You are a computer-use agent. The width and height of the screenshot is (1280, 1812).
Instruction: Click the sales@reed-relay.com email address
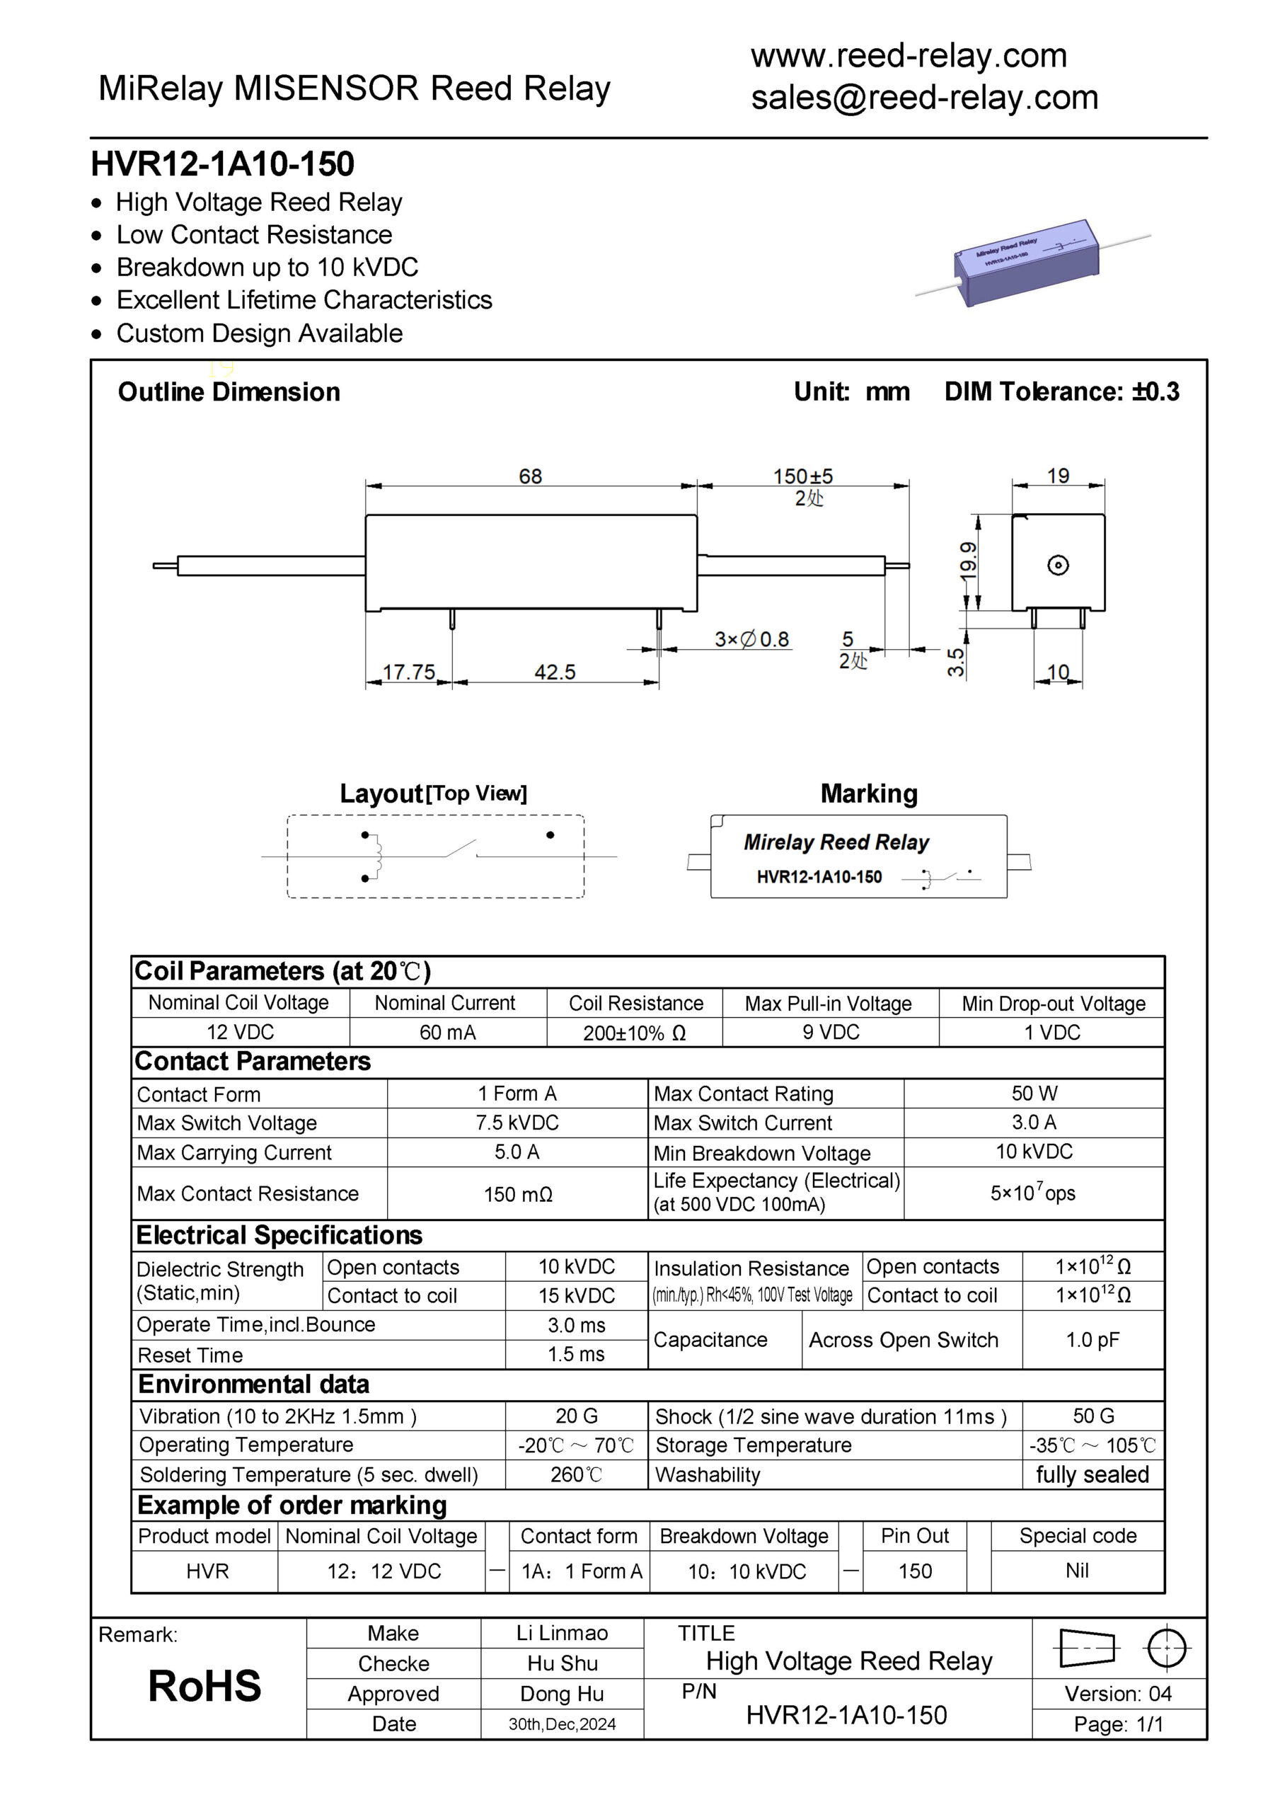point(924,98)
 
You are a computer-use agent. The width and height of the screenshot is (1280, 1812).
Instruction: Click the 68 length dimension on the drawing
point(529,476)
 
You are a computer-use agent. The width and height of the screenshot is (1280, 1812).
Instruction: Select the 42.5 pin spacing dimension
point(555,672)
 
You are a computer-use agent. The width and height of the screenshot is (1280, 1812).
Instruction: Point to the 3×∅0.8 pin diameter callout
point(751,638)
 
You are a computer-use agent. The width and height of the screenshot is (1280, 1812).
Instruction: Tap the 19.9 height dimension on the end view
point(968,561)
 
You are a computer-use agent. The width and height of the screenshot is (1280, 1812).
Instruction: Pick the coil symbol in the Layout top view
point(376,856)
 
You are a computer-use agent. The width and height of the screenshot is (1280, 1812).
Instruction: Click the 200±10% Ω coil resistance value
point(634,1033)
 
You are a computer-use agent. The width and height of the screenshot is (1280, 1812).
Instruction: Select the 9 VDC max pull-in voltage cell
point(830,1032)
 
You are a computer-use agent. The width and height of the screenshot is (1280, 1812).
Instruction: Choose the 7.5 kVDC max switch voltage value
point(517,1123)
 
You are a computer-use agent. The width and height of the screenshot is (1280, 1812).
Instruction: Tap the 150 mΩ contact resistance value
point(518,1194)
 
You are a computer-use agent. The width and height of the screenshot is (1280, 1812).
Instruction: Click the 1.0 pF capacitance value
point(1092,1339)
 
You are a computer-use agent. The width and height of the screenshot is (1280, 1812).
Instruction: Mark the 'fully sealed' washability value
point(1092,1474)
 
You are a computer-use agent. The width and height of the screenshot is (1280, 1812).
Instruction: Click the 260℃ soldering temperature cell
point(576,1474)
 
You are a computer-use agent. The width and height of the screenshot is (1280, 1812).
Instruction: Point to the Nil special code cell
point(1076,1571)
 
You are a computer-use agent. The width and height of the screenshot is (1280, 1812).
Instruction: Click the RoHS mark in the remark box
point(204,1687)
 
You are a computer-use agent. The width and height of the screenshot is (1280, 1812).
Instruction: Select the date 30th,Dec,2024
point(562,1724)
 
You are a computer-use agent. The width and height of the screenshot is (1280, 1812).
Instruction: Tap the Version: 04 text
point(1117,1694)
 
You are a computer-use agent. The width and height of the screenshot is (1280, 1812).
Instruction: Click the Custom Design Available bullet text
point(259,333)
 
